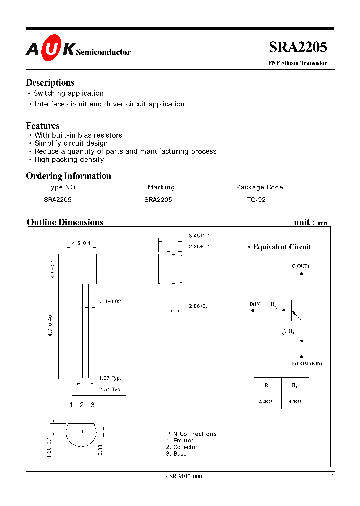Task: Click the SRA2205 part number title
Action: tap(298, 47)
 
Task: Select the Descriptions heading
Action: tap(50, 83)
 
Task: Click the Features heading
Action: tap(43, 126)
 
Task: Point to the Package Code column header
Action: tap(259, 187)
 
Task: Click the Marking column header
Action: tap(161, 187)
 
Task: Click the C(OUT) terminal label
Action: tap(300, 266)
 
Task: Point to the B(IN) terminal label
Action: tap(256, 304)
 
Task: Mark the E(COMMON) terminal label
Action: tap(307, 363)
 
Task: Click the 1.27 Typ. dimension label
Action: tap(110, 378)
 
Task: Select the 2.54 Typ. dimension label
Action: tap(110, 389)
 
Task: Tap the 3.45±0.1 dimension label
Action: tap(199, 235)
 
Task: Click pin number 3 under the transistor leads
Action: tap(93, 405)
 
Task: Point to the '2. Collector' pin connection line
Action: tap(182, 447)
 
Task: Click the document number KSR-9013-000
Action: tap(183, 476)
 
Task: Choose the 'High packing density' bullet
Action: tap(69, 160)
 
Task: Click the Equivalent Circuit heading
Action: tap(282, 247)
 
